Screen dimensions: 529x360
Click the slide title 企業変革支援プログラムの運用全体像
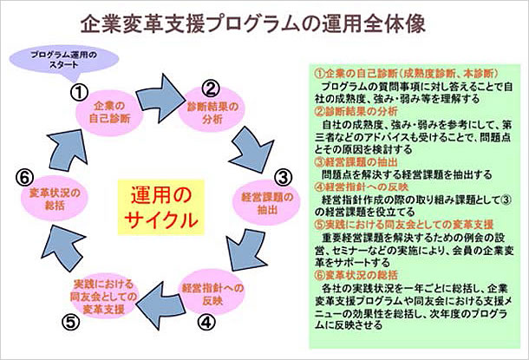[x=252, y=24]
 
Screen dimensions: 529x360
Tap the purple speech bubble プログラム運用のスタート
[x=64, y=61]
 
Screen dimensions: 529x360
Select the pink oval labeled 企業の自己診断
[x=109, y=113]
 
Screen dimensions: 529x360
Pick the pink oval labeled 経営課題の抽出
[x=266, y=203]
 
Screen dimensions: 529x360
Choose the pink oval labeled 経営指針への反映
[x=212, y=293]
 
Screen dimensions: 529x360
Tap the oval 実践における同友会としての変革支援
[x=103, y=296]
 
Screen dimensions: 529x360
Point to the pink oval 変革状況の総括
[x=55, y=199]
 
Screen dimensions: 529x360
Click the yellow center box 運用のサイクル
[x=161, y=207]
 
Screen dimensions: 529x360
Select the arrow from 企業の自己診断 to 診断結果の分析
[x=160, y=98]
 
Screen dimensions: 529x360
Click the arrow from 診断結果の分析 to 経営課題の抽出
[x=252, y=150]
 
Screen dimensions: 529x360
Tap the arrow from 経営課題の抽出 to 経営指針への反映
[x=246, y=250]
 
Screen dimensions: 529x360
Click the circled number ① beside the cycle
[x=79, y=92]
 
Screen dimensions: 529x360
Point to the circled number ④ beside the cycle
[x=206, y=322]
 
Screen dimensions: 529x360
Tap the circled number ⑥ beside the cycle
[x=24, y=178]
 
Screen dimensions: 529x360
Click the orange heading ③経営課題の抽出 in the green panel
[x=356, y=162]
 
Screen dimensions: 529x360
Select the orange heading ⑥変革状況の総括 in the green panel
[x=356, y=275]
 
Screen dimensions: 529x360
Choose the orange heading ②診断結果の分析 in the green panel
[x=356, y=111]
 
